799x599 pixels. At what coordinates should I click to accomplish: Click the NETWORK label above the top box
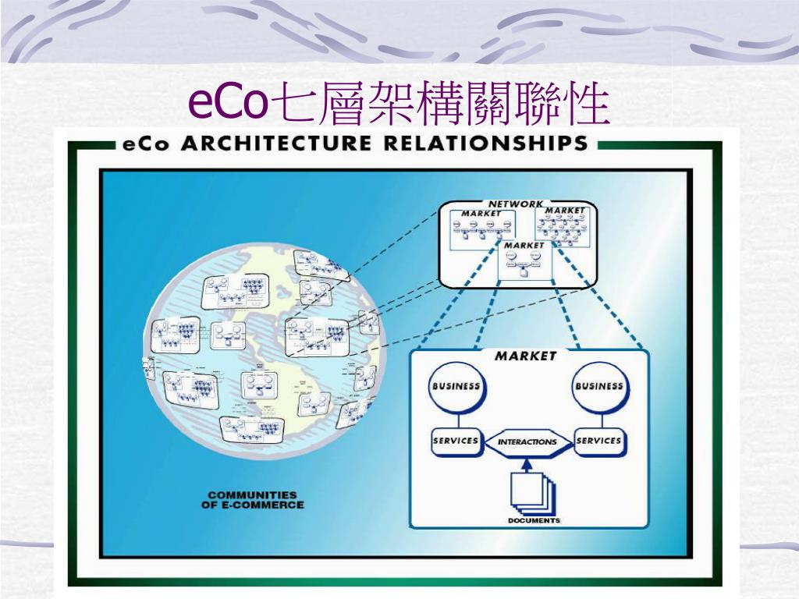pyautogui.click(x=515, y=204)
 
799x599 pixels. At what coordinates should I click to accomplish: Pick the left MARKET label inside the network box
pyautogui.click(x=481, y=213)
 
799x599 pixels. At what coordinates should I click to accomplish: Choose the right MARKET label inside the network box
pyautogui.click(x=564, y=211)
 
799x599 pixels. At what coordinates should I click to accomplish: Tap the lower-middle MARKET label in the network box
pyautogui.click(x=524, y=245)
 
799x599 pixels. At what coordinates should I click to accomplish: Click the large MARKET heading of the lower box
pyautogui.click(x=527, y=356)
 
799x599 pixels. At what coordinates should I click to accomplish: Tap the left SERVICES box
pyautogui.click(x=456, y=441)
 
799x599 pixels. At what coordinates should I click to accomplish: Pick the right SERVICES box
pyautogui.click(x=599, y=441)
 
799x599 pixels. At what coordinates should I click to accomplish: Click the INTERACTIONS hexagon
pyautogui.click(x=527, y=441)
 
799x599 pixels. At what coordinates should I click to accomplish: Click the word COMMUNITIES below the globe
pyautogui.click(x=252, y=494)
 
